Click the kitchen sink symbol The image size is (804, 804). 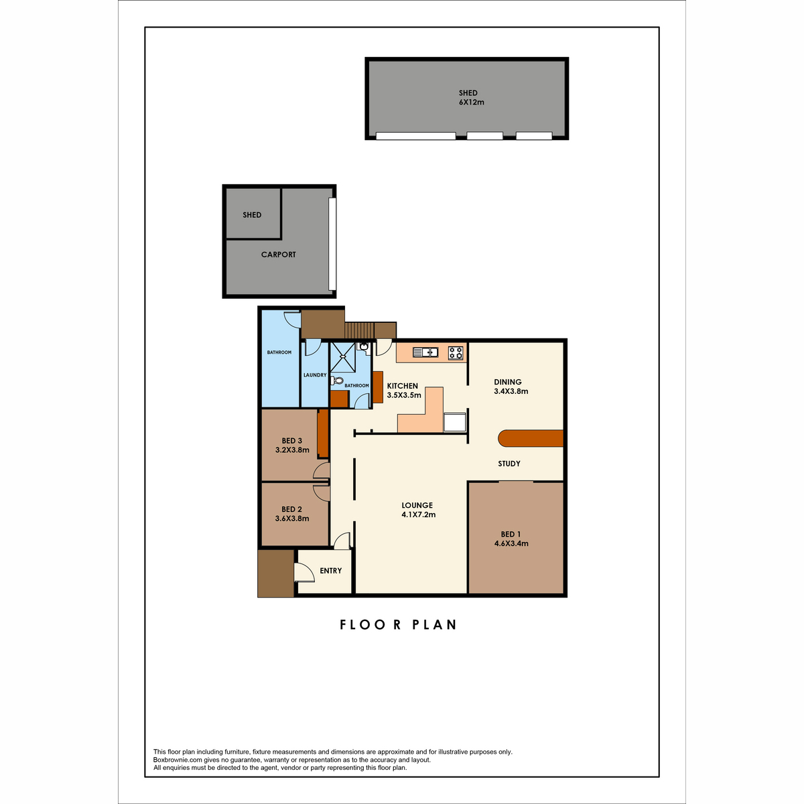(425, 352)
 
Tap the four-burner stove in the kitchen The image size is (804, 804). (456, 353)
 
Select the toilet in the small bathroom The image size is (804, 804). (337, 381)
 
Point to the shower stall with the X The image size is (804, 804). (342, 357)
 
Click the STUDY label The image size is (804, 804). (509, 464)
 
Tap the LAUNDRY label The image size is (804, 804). (315, 375)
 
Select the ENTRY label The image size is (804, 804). (331, 570)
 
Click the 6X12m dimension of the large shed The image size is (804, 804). (472, 103)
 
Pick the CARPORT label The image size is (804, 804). (278, 255)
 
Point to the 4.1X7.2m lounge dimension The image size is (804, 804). (419, 515)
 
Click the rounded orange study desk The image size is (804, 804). (530, 438)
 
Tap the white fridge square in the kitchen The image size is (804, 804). (454, 422)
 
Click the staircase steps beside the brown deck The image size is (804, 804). (359, 330)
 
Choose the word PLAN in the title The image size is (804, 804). (434, 624)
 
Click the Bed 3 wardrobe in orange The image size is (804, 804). (323, 433)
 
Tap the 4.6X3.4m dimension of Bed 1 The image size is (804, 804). (511, 543)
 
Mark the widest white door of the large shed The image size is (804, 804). (415, 135)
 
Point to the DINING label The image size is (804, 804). (508, 382)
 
